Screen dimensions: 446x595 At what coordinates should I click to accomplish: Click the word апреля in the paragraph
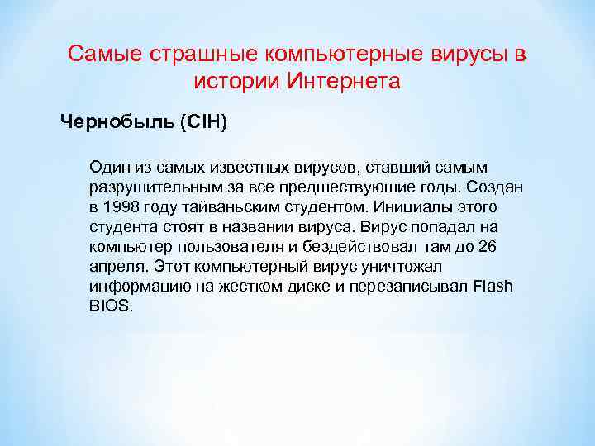click(117, 266)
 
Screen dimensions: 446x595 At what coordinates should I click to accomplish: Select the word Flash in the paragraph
click(493, 286)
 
